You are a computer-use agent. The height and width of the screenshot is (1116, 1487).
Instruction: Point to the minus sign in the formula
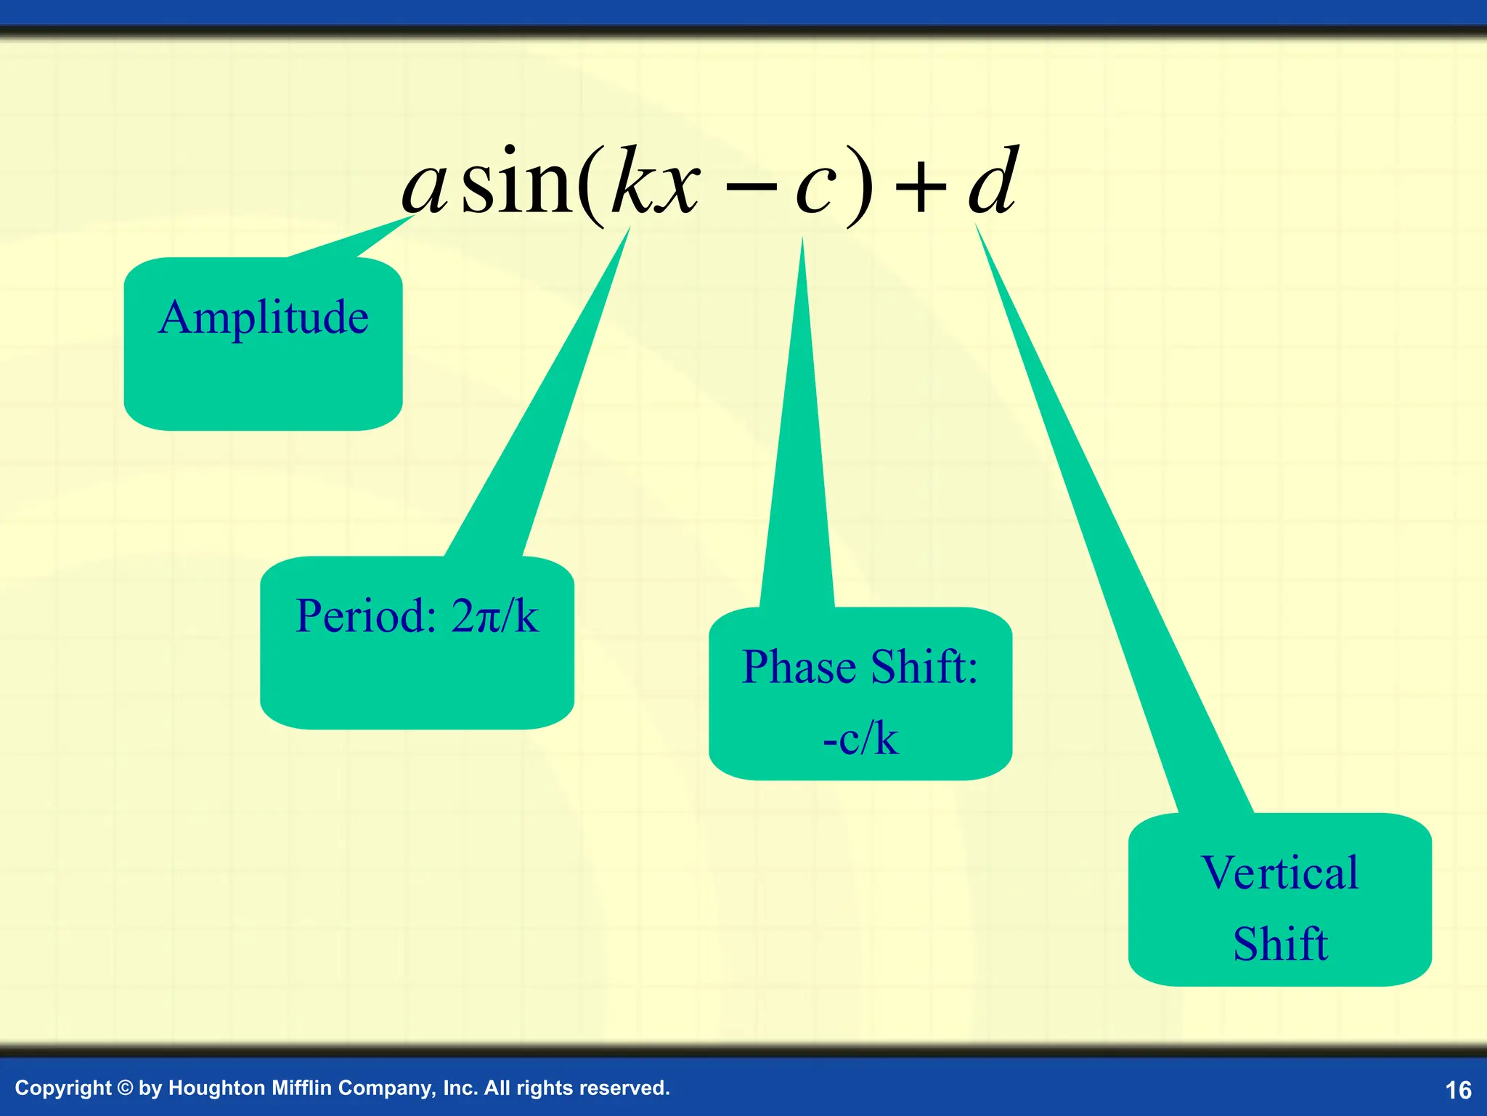pos(751,190)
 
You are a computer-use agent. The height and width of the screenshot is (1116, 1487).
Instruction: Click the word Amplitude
pos(264,318)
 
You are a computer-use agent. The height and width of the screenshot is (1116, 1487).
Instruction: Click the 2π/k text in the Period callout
pos(494,616)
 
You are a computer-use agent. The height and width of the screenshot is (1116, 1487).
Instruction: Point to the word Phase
pos(799,667)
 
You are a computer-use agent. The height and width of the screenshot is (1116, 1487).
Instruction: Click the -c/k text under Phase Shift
pos(860,739)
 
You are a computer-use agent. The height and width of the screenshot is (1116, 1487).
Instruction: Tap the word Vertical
pos(1279,873)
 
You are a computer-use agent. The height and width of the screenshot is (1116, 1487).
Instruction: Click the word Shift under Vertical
pos(1280,944)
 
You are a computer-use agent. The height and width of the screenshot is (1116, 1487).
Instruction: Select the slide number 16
pos(1458,1090)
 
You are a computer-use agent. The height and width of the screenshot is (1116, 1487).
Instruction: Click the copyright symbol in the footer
pos(125,1088)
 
